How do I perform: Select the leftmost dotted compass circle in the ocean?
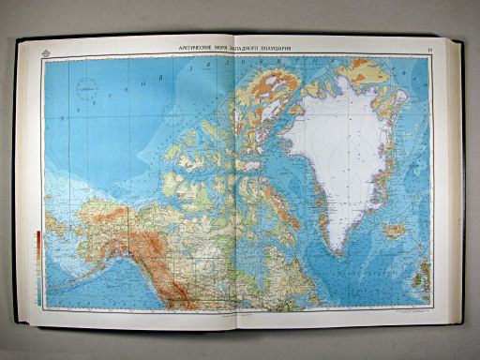pos(86,91)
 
